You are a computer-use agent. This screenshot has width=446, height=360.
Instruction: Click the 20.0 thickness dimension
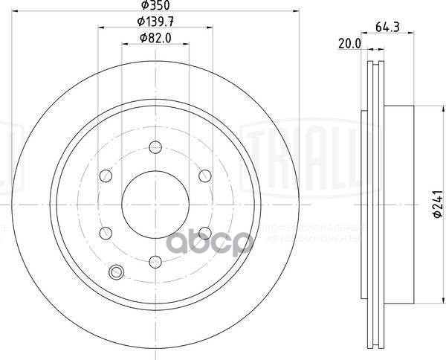(x=349, y=44)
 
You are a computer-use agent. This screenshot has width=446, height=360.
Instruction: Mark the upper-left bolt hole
(x=105, y=176)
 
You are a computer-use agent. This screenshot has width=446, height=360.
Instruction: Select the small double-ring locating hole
(x=115, y=272)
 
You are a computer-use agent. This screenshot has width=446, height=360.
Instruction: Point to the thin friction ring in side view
(x=372, y=205)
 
